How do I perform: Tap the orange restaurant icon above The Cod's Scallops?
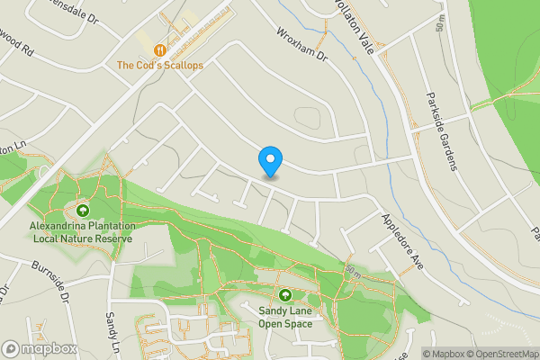(160, 50)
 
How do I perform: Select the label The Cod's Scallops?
(160, 66)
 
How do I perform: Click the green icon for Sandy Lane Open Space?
(285, 295)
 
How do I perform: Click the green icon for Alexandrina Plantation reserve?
(83, 210)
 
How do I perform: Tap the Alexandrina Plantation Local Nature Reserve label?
(83, 232)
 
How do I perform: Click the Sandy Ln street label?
(112, 331)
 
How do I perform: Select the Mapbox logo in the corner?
(38, 349)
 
